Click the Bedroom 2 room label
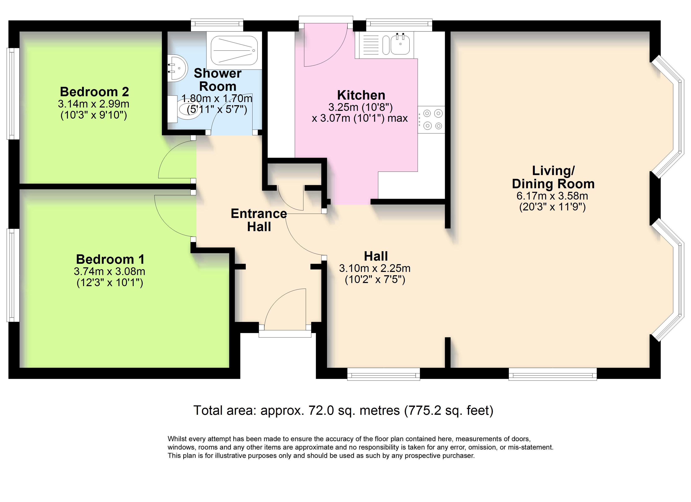(x=94, y=92)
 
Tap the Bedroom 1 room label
(x=110, y=259)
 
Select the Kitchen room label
(x=361, y=95)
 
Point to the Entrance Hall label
(x=259, y=220)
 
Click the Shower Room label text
(x=218, y=80)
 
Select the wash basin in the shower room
(x=176, y=68)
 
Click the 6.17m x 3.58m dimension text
(x=552, y=196)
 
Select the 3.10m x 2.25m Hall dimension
(x=375, y=268)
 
